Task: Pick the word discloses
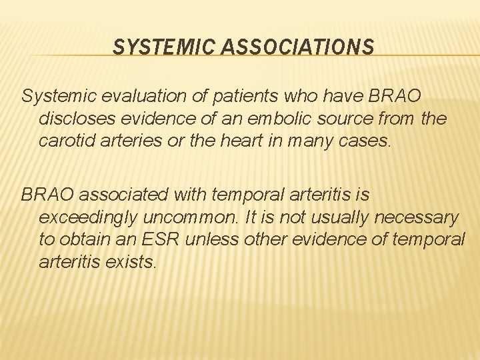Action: (71, 119)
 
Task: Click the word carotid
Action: (65, 141)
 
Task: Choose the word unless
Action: (207, 239)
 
